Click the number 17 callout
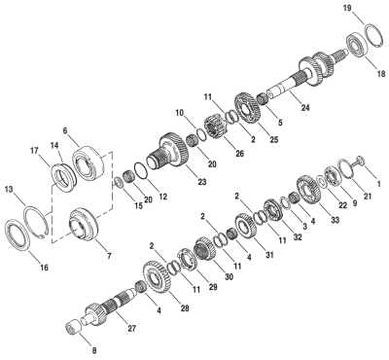click(x=33, y=150)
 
